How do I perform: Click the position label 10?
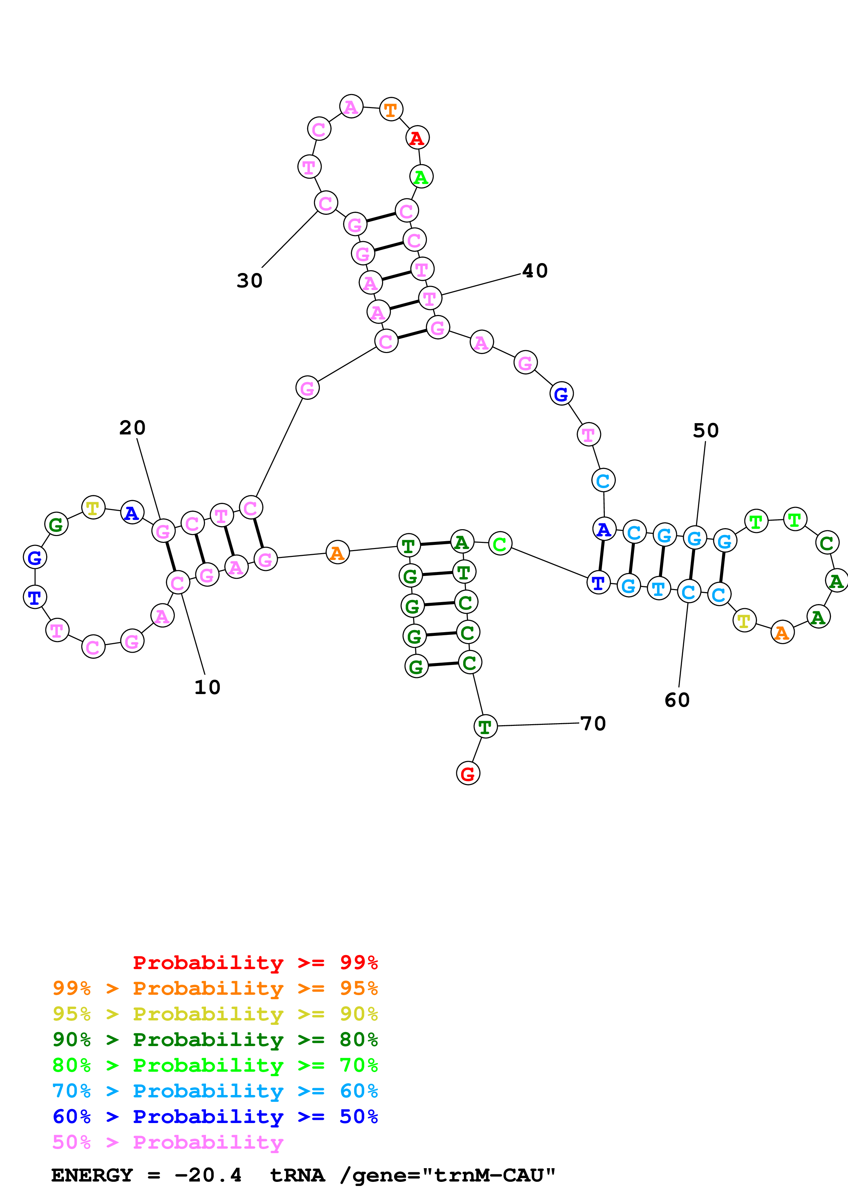207,687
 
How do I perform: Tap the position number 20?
132,428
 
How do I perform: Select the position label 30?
249,281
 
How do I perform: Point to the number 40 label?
535,271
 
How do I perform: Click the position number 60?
677,700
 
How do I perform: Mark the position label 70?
593,724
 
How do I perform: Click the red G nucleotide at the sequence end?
468,773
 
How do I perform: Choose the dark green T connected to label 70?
485,727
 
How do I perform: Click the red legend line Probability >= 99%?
255,963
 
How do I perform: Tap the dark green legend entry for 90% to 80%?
215,1040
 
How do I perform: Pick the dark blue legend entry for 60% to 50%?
215,1117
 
